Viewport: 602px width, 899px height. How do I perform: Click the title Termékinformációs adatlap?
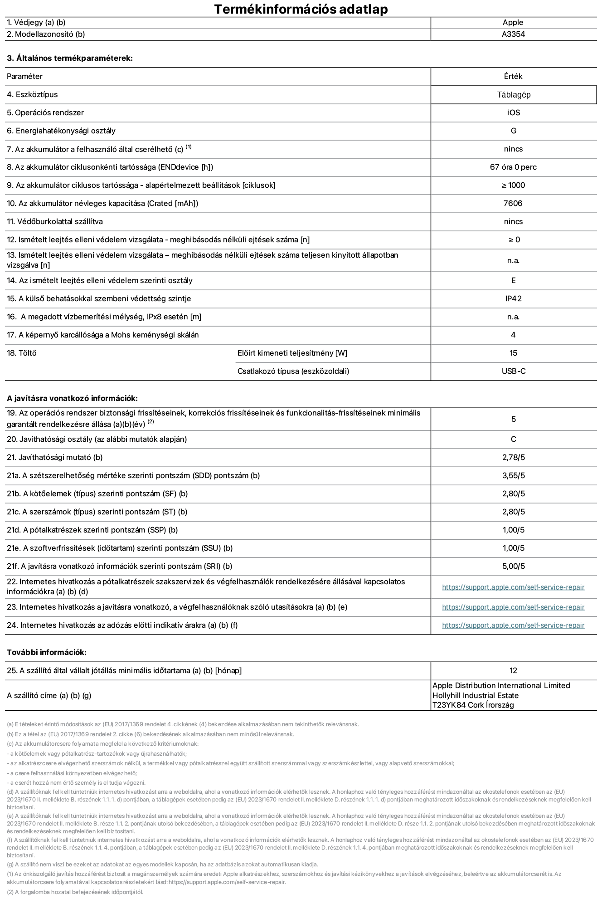tap(301, 9)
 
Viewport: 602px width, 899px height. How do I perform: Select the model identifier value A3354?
tap(513, 34)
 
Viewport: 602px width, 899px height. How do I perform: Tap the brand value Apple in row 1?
tap(513, 23)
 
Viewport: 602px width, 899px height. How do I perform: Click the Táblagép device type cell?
tap(513, 95)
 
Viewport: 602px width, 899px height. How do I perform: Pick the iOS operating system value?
tap(513, 113)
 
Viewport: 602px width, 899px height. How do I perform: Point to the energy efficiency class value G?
tap(513, 131)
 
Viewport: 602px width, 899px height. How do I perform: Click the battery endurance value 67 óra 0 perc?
tap(513, 167)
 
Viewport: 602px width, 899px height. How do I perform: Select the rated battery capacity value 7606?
tap(513, 204)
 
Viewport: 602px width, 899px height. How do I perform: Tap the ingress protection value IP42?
tap(513, 299)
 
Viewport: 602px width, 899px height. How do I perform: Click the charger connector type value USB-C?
tap(513, 371)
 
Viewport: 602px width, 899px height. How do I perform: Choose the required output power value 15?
tap(513, 353)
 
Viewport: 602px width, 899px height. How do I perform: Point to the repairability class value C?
tap(513, 440)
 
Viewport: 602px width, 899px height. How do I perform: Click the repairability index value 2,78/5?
tap(513, 458)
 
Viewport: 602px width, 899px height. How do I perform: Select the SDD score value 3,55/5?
tap(513, 476)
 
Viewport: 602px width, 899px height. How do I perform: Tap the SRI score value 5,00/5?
tap(513, 567)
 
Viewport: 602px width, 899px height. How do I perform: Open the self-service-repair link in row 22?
tap(513, 587)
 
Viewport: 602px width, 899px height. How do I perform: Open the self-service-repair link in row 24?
tap(513, 625)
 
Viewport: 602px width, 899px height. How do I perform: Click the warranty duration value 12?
tap(513, 671)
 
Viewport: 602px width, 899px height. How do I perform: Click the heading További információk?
tap(47, 653)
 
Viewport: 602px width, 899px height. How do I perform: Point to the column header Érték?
tap(513, 77)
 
